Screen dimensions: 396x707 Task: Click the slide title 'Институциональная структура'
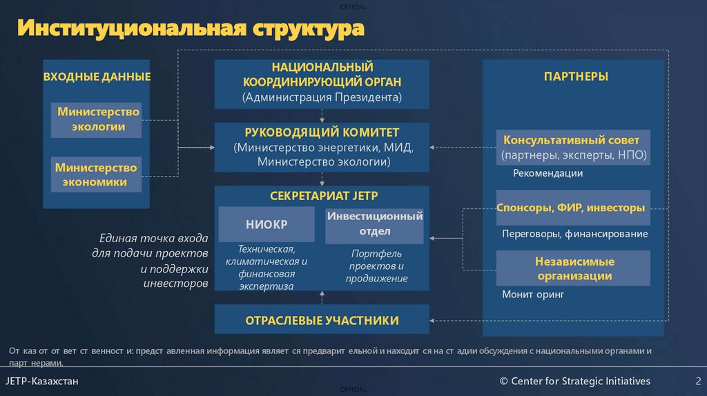click(191, 30)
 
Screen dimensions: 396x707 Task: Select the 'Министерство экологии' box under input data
click(97, 119)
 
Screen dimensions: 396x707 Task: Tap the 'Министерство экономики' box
click(97, 175)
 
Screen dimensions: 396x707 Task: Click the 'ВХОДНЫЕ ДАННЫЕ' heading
click(97, 77)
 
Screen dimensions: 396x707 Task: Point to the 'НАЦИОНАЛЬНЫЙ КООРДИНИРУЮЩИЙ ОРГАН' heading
click(322, 75)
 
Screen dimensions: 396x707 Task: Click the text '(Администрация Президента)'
click(322, 97)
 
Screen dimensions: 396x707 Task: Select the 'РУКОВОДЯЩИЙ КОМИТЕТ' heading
click(322, 132)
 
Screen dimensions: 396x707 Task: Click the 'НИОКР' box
click(267, 225)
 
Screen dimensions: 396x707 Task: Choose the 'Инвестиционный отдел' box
click(374, 224)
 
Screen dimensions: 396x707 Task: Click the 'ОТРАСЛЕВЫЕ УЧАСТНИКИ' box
click(322, 320)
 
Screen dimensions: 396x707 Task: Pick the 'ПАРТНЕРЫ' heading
click(576, 77)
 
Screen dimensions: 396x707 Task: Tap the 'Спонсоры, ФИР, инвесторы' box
click(573, 208)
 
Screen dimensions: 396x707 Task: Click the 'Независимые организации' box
click(573, 268)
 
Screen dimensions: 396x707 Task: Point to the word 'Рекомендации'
click(548, 173)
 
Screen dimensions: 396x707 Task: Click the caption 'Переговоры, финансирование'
click(574, 234)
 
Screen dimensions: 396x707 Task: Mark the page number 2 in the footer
click(698, 381)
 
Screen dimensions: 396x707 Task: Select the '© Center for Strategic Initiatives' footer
click(575, 381)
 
